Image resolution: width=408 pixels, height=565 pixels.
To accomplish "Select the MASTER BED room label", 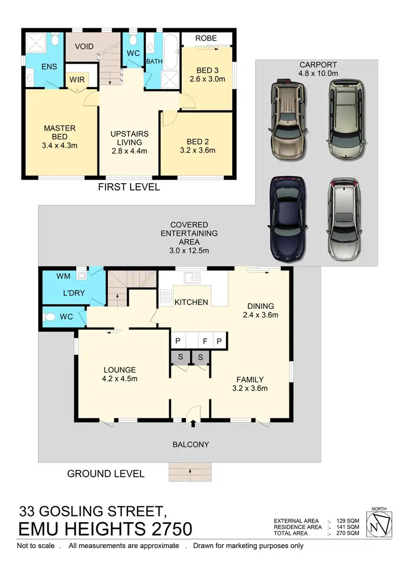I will coord(60,133).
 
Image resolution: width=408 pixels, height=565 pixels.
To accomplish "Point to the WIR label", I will coord(76,79).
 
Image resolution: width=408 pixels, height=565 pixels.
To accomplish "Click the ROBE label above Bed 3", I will coord(206,38).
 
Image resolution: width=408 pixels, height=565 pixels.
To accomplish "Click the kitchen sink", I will coord(191,278).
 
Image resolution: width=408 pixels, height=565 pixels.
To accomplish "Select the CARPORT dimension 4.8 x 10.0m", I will coord(317,72).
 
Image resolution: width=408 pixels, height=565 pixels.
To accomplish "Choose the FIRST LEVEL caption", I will coord(129,187).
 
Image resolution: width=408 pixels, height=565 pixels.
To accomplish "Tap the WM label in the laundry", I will coord(64,276).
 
